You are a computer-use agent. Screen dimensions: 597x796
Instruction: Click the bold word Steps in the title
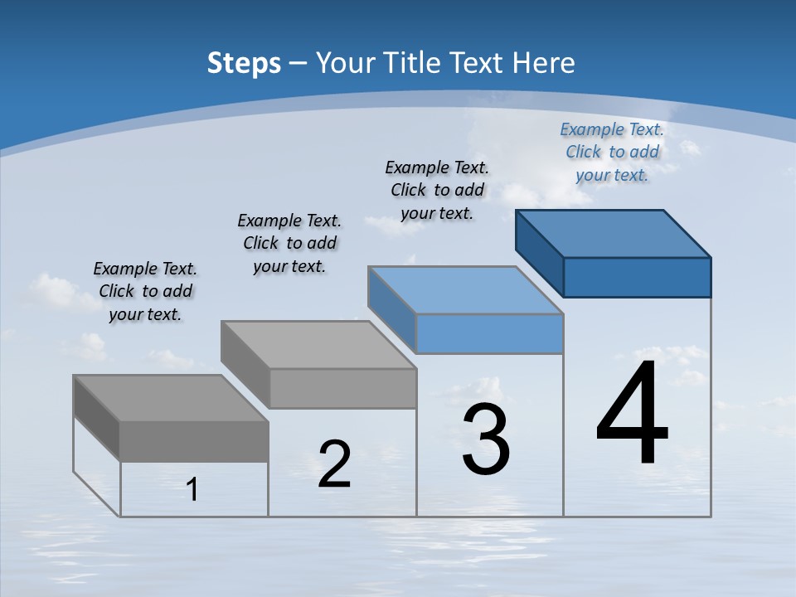(244, 63)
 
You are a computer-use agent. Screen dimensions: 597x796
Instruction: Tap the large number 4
(633, 414)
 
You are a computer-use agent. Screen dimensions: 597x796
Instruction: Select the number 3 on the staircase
(486, 440)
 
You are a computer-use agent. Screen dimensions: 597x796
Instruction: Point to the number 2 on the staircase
(334, 464)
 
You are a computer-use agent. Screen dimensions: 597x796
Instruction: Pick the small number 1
(192, 490)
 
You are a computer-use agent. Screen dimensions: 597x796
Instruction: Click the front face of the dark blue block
(637, 277)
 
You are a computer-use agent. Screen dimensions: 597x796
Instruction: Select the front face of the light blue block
(489, 334)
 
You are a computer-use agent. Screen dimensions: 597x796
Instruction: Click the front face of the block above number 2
(342, 388)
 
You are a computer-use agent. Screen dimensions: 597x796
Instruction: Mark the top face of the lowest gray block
(171, 398)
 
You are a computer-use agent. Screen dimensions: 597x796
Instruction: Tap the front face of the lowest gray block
(194, 441)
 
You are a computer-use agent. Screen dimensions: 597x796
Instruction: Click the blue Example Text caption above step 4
(612, 152)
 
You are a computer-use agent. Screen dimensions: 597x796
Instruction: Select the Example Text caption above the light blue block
(437, 190)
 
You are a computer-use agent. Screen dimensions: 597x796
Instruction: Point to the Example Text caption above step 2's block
(289, 243)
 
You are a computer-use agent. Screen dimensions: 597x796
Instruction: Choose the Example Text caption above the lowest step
(145, 291)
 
